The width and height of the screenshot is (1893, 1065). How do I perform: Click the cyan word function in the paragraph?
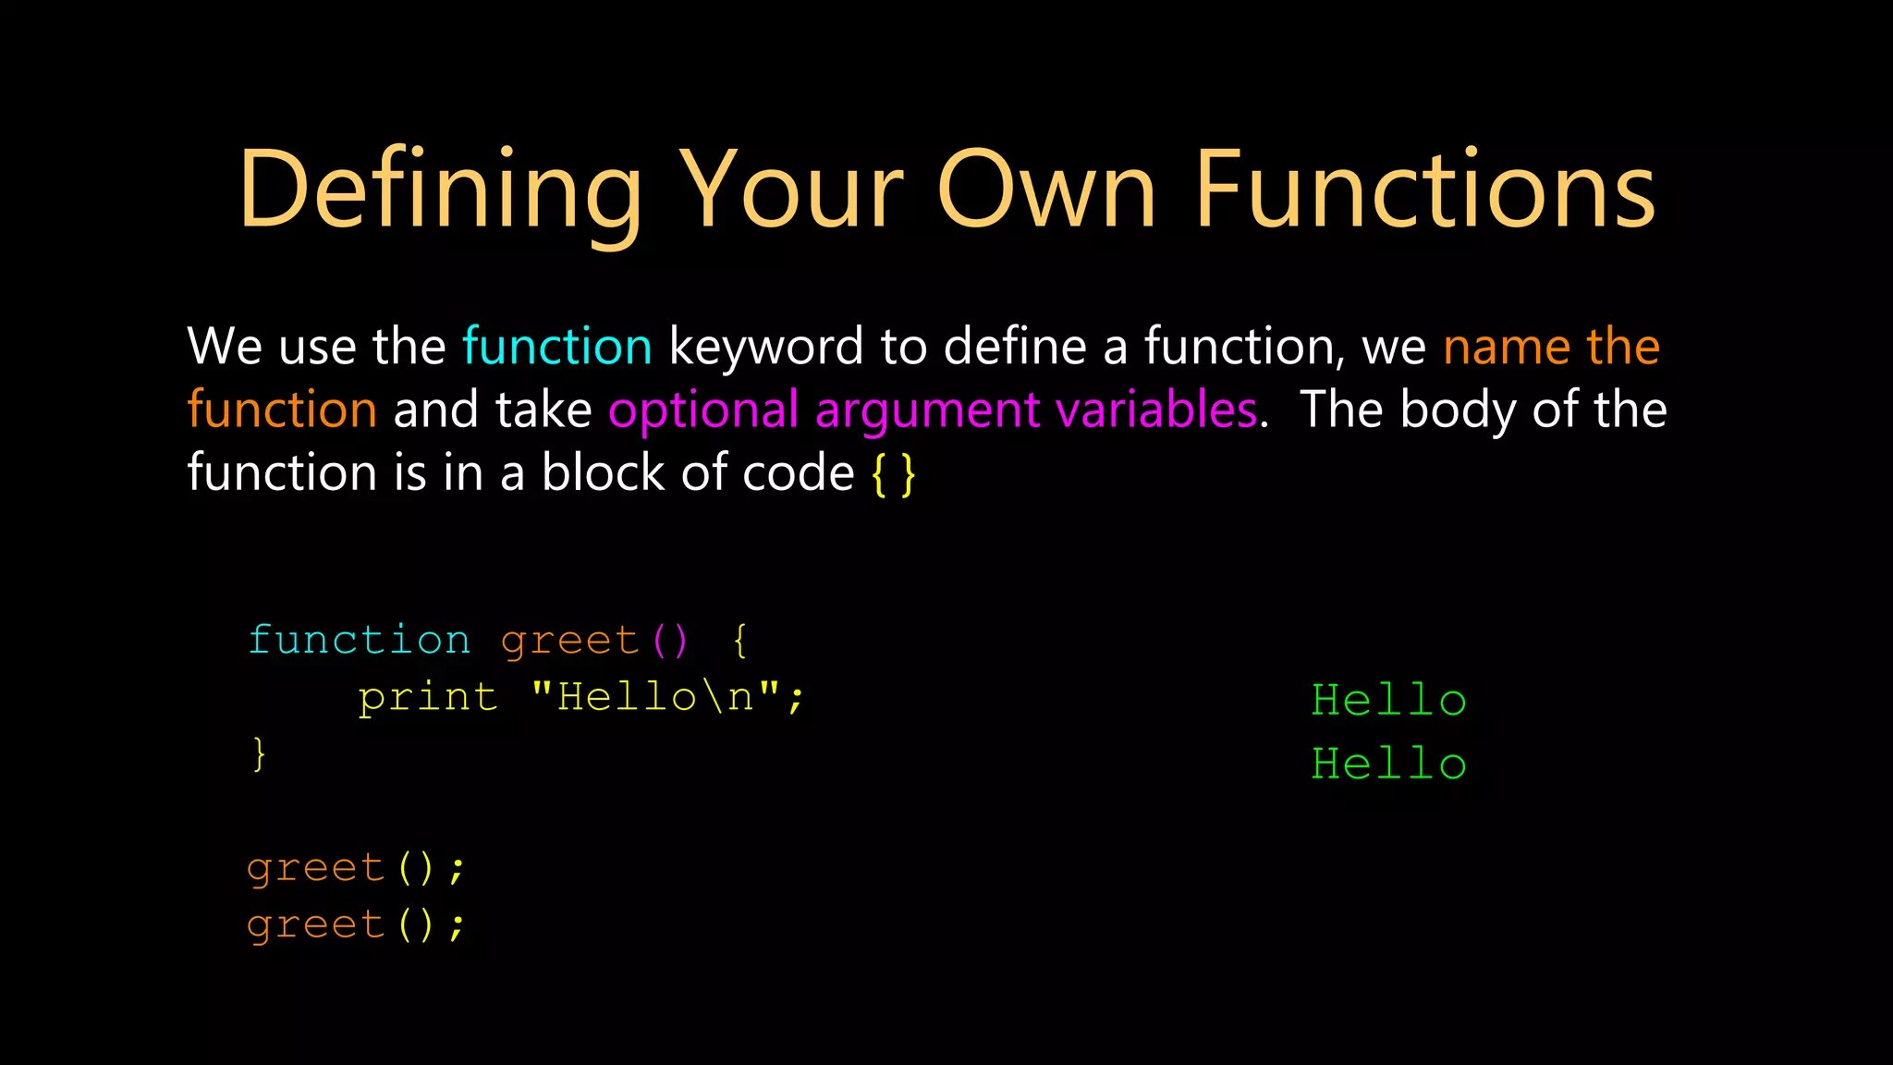coord(557,347)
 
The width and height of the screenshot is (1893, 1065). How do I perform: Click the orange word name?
coord(1507,347)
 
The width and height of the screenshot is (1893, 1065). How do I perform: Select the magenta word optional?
coord(703,410)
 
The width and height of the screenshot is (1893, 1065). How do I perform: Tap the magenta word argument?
coord(927,410)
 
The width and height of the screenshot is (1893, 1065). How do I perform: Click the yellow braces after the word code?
coord(893,474)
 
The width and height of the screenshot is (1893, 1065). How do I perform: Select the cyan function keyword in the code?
coord(360,640)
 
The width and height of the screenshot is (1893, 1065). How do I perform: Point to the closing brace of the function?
coord(259,753)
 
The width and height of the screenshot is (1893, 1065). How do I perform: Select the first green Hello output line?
coord(1388,700)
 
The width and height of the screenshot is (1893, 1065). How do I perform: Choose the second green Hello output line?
coord(1388,764)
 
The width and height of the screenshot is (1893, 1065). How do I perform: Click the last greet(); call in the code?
coord(356,924)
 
